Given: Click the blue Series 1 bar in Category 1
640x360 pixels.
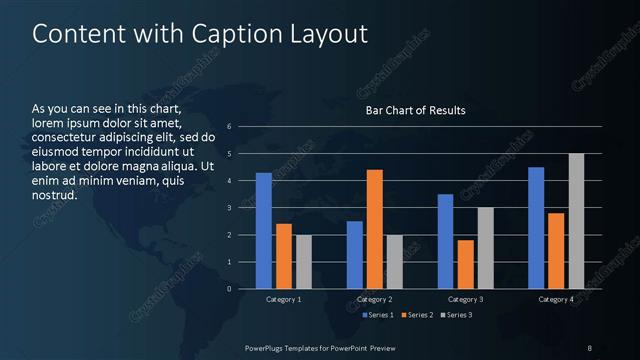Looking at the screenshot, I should (x=264, y=231).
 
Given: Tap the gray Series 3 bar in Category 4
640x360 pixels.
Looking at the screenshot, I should (x=576, y=221).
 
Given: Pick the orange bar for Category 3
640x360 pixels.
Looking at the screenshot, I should (x=465, y=264).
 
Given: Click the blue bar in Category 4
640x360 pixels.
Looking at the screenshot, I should (x=536, y=228).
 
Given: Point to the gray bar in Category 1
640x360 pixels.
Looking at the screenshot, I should (x=304, y=262).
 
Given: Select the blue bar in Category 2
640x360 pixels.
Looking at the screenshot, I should (x=355, y=255).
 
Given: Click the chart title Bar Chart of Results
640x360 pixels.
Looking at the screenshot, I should (x=414, y=110).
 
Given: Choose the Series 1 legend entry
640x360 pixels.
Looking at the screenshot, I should (x=376, y=316).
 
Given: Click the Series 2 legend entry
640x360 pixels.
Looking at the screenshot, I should (x=418, y=316).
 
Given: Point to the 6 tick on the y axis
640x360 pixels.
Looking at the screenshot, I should (x=229, y=127).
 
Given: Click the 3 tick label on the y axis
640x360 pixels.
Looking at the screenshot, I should (x=229, y=208).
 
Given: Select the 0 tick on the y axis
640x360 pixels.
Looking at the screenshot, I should (x=229, y=289).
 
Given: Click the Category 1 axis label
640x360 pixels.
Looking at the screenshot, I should (x=284, y=299).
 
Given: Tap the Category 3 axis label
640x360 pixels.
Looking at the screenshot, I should (x=465, y=299).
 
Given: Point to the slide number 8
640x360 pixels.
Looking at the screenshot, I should (x=589, y=347).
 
